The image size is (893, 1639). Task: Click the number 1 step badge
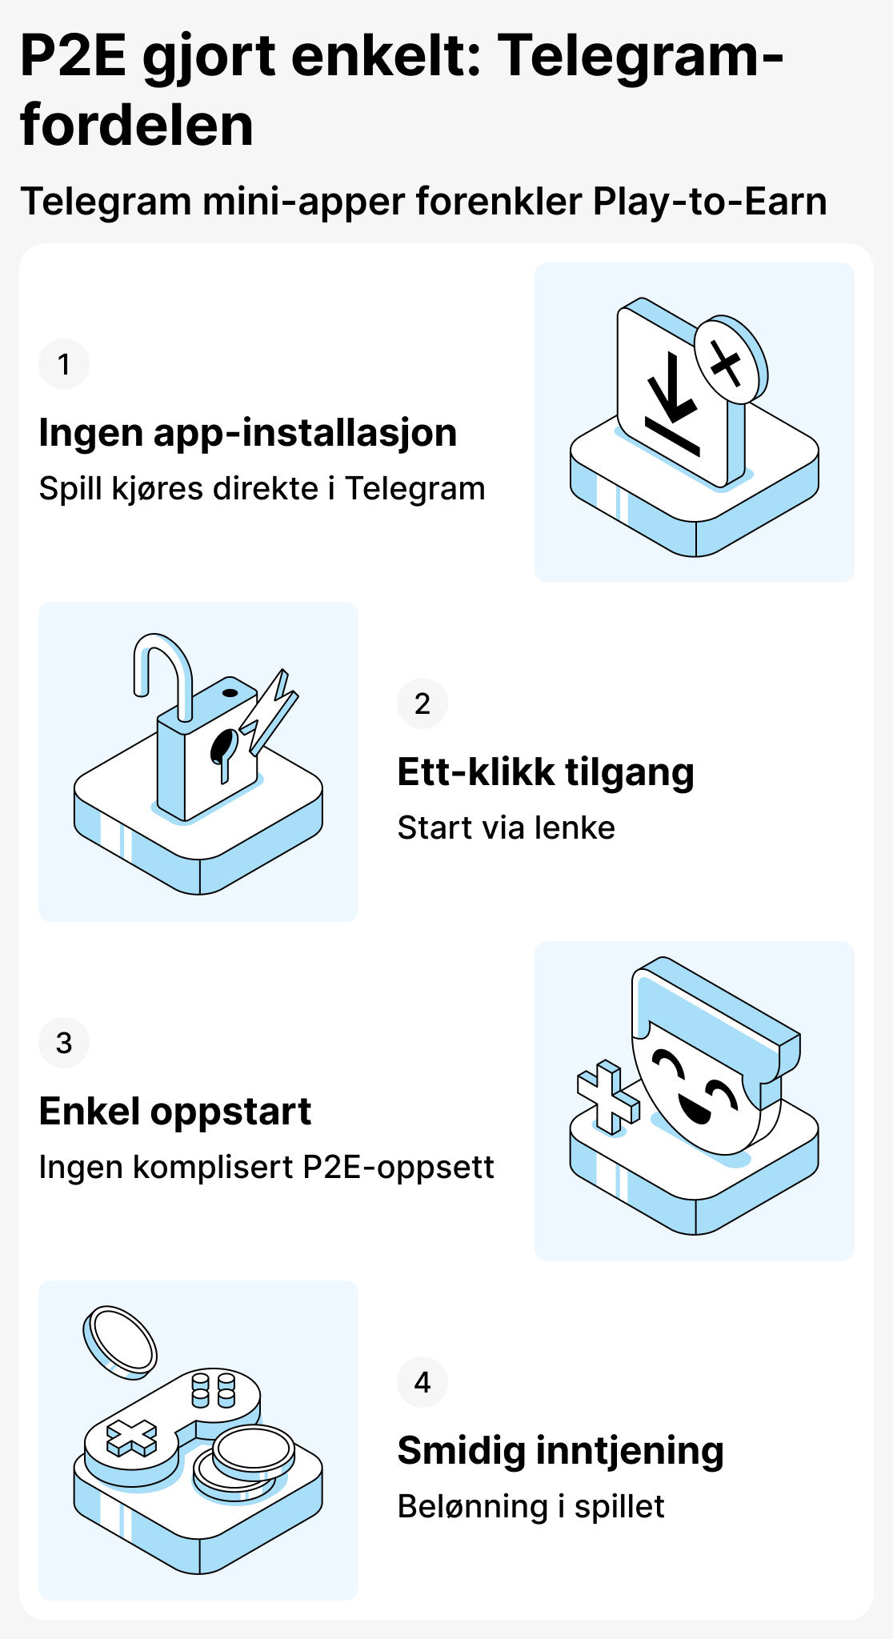click(64, 364)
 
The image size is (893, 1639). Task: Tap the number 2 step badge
click(422, 703)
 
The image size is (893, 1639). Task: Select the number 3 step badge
click(64, 1043)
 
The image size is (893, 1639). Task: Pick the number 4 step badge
click(422, 1382)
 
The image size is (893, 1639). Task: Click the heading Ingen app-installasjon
click(247, 433)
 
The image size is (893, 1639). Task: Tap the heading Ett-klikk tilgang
click(545, 772)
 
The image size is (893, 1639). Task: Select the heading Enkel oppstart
click(174, 1112)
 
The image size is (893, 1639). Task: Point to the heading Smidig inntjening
click(560, 1451)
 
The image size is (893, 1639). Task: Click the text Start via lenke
click(506, 828)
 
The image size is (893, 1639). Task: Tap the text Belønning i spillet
click(531, 1507)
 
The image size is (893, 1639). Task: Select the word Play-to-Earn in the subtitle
click(709, 201)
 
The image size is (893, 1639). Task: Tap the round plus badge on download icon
click(727, 363)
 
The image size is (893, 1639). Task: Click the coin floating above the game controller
click(120, 1340)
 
